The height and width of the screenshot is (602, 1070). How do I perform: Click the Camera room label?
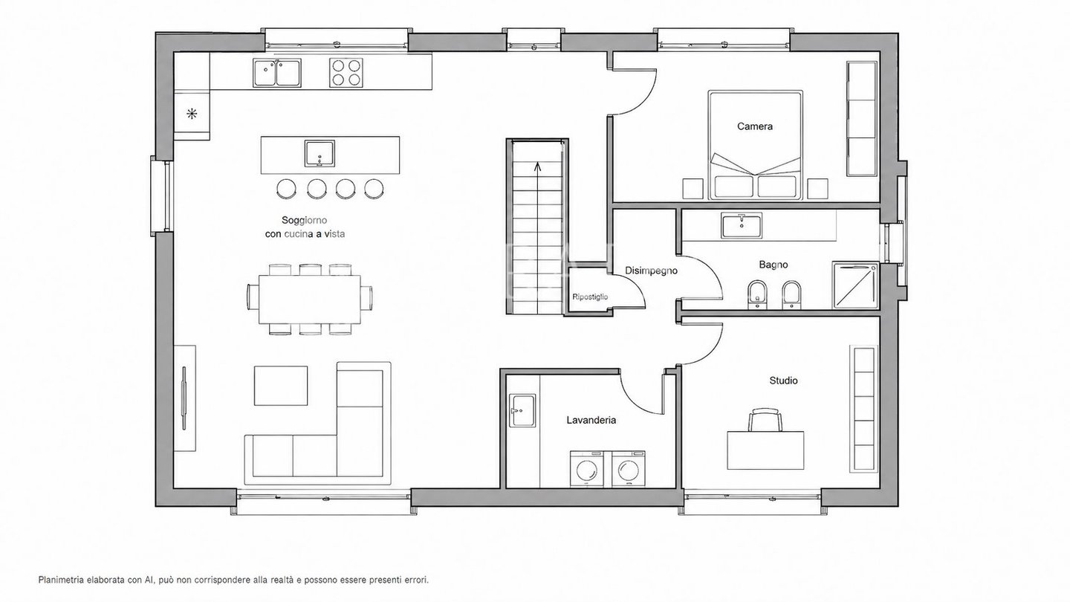point(755,126)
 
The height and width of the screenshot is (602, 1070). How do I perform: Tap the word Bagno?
point(774,265)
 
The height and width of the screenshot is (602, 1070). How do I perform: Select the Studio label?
point(783,381)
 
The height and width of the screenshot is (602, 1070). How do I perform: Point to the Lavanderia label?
point(591,421)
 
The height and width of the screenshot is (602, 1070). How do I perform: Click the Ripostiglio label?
point(591,297)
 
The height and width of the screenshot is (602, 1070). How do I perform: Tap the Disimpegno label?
point(651,271)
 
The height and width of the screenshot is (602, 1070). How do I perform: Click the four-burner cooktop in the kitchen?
point(346,73)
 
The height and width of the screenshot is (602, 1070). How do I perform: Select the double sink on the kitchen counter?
point(277,73)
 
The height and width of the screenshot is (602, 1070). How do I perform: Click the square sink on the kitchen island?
point(320,154)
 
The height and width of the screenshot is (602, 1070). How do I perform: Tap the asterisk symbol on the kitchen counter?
point(192,114)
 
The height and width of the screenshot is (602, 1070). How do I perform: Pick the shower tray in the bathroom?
point(855,285)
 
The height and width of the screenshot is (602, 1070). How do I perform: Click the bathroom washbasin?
point(742,225)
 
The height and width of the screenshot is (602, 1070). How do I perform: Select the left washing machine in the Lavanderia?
point(586,469)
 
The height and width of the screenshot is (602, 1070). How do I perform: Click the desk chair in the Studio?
point(765,421)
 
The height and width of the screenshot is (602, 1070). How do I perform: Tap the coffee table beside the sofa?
point(280,386)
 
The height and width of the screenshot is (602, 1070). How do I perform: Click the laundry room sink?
point(522,410)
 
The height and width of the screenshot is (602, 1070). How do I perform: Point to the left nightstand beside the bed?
point(693,189)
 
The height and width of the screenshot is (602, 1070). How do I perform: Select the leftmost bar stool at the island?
point(286,188)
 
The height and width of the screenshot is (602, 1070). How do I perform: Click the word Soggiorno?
point(305,220)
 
